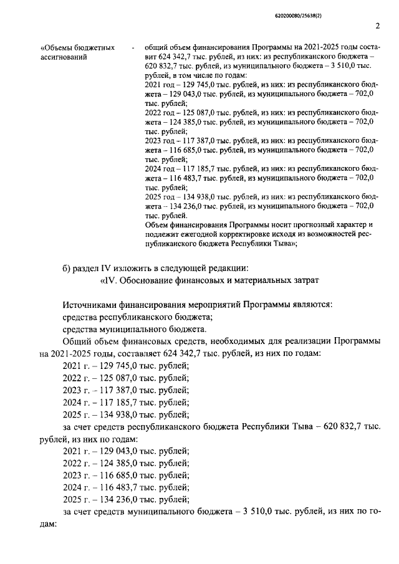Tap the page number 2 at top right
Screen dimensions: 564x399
[x=378, y=26]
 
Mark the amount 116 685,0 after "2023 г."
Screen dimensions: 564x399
[x=112, y=475]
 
